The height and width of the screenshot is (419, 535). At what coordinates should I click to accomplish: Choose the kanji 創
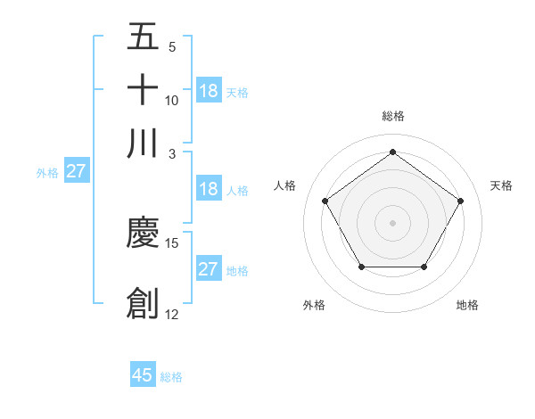coord(143,303)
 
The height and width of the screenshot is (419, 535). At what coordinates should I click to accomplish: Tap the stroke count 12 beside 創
coord(172,314)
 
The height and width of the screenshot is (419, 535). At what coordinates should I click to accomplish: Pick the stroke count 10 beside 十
coord(172,101)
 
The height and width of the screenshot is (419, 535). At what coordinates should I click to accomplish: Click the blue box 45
coord(143,375)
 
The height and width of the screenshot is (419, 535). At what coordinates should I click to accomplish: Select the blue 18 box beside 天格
coord(209,91)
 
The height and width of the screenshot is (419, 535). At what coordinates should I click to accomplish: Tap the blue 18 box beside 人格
coord(209,189)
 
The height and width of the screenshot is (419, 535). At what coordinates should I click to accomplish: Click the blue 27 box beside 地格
coord(209,269)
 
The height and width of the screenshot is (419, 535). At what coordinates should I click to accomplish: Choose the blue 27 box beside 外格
coord(76,172)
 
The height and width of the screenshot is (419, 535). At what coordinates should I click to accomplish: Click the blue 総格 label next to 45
coord(171,377)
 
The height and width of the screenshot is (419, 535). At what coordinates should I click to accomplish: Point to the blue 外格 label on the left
coord(47,173)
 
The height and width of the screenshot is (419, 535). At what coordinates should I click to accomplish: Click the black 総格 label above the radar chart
coord(393,116)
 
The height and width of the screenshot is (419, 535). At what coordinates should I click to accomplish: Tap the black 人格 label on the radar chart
coord(285,185)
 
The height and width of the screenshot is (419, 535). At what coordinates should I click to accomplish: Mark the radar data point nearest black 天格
coord(460,201)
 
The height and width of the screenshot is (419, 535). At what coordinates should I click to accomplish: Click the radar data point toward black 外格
coord(361,267)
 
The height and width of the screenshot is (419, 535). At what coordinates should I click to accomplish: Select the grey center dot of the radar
coord(392,222)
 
